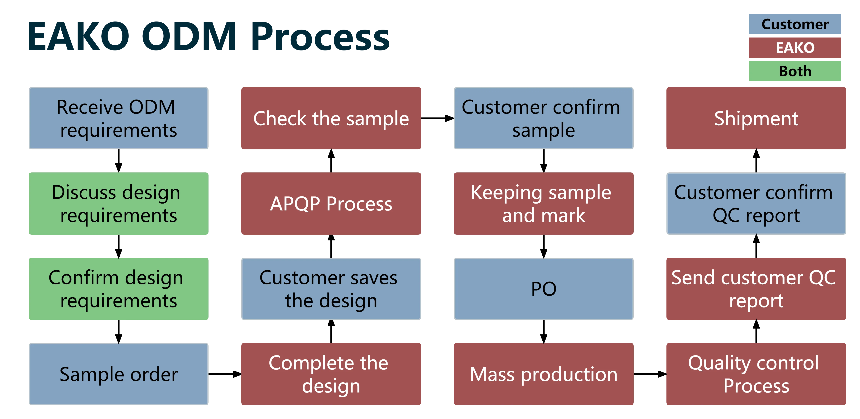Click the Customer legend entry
pyautogui.click(x=795, y=24)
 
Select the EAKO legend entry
pyautogui.click(x=795, y=47)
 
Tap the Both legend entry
pyautogui.click(x=795, y=71)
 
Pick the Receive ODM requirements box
pyautogui.click(x=118, y=118)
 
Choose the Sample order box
pyautogui.click(x=118, y=374)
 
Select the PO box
pyautogui.click(x=544, y=289)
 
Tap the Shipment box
pyautogui.click(x=756, y=118)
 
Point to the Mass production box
pyautogui.click(x=544, y=374)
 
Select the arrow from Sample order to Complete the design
pyautogui.click(x=225, y=374)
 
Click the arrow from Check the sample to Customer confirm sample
pyautogui.click(x=437, y=118)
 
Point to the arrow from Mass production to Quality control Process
pyautogui.click(x=650, y=374)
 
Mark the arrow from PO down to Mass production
pyautogui.click(x=544, y=331)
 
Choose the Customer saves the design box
pyautogui.click(x=331, y=289)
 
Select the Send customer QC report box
pyautogui.click(x=756, y=289)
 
